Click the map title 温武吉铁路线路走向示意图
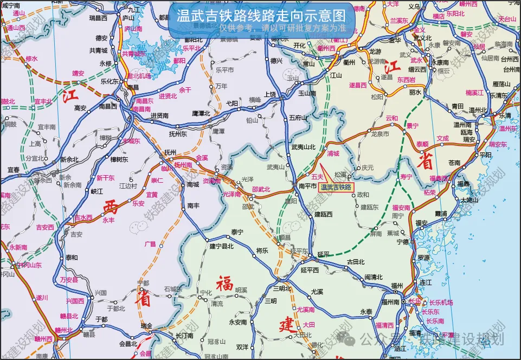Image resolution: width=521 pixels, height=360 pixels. pyautogui.click(x=261, y=15)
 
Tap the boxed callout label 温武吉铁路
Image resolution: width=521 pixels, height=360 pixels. pyautogui.click(x=336, y=187)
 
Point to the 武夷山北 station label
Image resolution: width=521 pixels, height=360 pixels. pyautogui.click(x=303, y=147)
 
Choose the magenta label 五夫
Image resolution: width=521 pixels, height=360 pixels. pyautogui.click(x=317, y=177)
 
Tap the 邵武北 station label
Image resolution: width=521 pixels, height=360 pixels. pyautogui.click(x=261, y=189)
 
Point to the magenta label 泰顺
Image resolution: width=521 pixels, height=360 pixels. pyautogui.click(x=422, y=144)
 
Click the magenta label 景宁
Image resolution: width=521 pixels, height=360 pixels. pyautogui.click(x=412, y=126)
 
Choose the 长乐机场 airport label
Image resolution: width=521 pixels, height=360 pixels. pyautogui.click(x=441, y=302)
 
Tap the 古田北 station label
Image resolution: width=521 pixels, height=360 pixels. pyautogui.click(x=356, y=261)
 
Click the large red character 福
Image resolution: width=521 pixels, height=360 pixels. pyautogui.click(x=224, y=284)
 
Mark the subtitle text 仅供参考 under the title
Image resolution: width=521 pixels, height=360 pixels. pyautogui.click(x=236, y=27)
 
